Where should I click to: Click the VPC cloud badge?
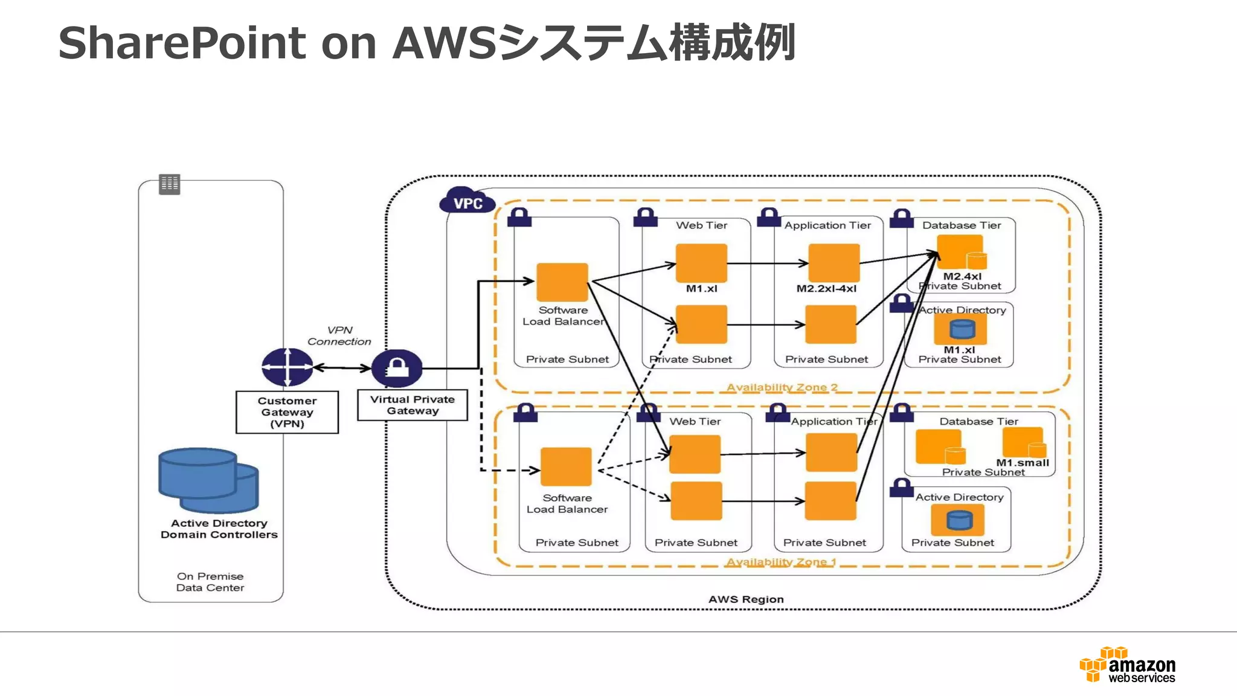click(x=467, y=202)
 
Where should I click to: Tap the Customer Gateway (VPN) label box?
click(x=287, y=412)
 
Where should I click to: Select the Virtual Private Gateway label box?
click(x=413, y=405)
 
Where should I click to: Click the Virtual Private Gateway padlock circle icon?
click(x=397, y=368)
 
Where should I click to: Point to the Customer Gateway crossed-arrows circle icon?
click(x=287, y=367)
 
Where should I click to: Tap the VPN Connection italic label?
click(x=339, y=336)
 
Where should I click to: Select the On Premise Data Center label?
click(x=210, y=582)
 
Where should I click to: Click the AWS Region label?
click(x=746, y=599)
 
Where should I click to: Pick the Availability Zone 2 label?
click(x=782, y=387)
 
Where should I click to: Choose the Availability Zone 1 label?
click(x=781, y=562)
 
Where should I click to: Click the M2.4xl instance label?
click(x=962, y=276)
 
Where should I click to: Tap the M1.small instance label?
click(x=1023, y=463)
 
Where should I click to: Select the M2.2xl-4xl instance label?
click(x=826, y=289)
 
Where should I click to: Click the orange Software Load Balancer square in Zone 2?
click(x=562, y=282)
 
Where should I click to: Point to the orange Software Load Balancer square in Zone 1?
click(x=566, y=466)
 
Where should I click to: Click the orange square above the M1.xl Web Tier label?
click(x=701, y=263)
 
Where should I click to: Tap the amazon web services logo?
click(x=1128, y=665)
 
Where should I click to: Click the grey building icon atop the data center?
click(x=170, y=184)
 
